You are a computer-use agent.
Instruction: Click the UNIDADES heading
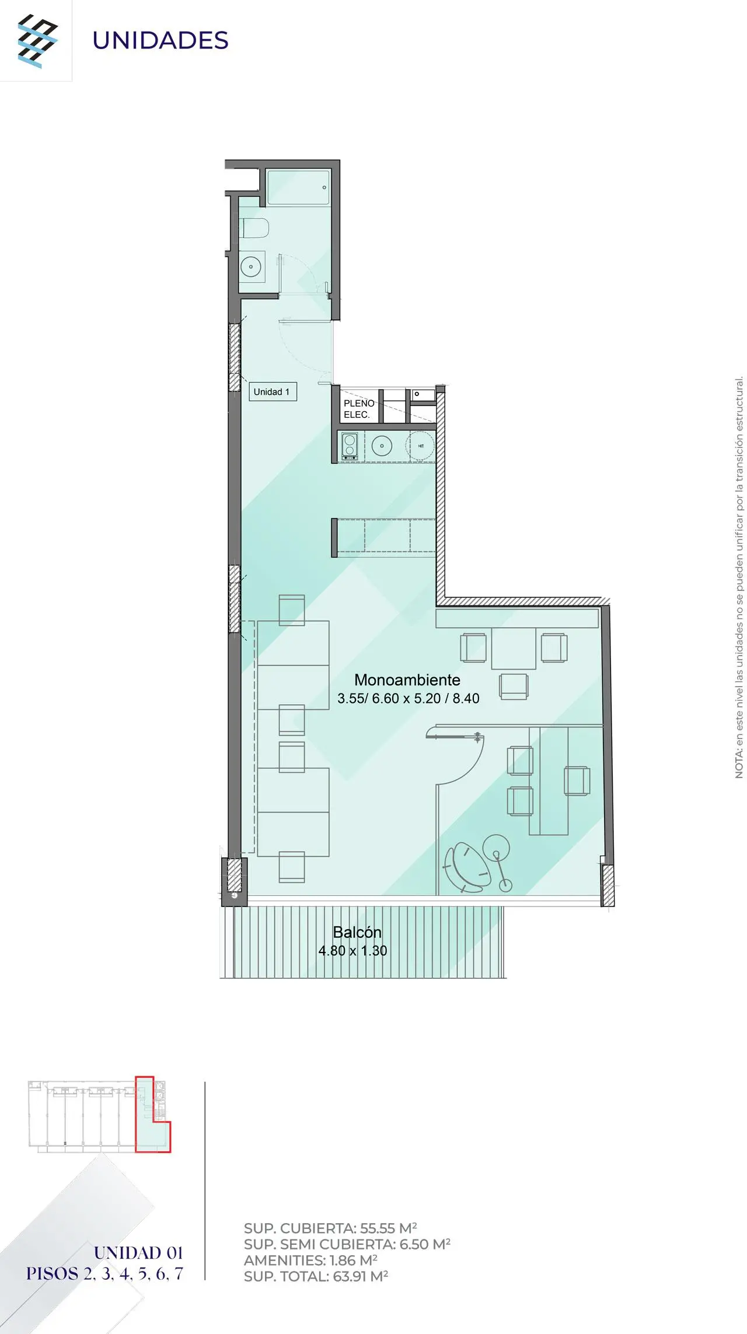coord(160,40)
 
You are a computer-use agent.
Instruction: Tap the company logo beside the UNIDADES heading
coord(37,41)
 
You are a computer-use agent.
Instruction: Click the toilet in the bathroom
coord(254,228)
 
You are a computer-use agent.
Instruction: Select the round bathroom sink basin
coord(251,267)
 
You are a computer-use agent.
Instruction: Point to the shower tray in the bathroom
coord(299,187)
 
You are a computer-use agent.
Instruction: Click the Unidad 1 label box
coord(273,391)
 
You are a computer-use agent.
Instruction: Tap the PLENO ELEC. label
coord(358,409)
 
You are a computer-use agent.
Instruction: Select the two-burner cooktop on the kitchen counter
coord(350,446)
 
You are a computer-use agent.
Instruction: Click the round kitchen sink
coord(382,446)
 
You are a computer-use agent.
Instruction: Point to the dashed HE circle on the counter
coord(421,446)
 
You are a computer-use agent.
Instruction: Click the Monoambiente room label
coord(407,680)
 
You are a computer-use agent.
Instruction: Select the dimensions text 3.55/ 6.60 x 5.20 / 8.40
coord(409,698)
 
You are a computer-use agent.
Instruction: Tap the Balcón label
coord(357,932)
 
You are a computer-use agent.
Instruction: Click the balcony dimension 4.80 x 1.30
coord(352,950)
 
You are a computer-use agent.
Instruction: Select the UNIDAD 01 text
coord(138,1252)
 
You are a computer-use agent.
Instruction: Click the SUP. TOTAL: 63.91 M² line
coord(316,1276)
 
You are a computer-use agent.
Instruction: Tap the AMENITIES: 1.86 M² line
coord(310,1260)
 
